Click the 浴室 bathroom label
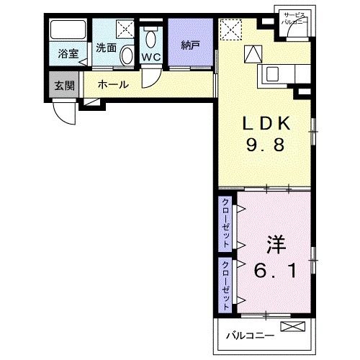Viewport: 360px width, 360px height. (x=68, y=53)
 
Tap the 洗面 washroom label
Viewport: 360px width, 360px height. (x=106, y=48)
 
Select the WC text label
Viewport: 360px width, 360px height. (x=150, y=56)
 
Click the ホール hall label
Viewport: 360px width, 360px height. (x=113, y=84)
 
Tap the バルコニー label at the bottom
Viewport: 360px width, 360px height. (x=251, y=336)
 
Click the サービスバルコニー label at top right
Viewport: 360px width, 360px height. (x=295, y=19)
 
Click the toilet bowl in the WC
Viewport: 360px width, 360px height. (x=151, y=37)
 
